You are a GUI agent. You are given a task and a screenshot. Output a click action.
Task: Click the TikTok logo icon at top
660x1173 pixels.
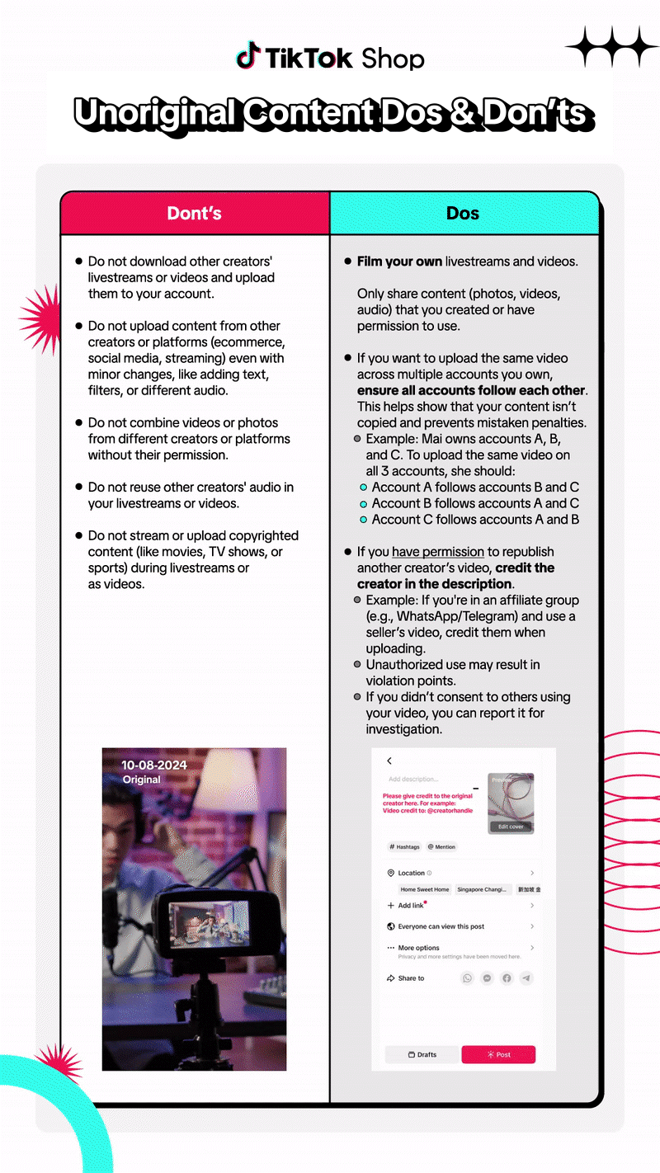pyautogui.click(x=247, y=56)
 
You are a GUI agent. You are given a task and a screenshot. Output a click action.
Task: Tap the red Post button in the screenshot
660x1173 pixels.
pyautogui.click(x=498, y=1054)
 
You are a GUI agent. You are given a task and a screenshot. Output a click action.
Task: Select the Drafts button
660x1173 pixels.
pyautogui.click(x=422, y=1054)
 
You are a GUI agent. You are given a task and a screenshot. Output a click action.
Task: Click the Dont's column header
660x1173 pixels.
pyautogui.click(x=195, y=214)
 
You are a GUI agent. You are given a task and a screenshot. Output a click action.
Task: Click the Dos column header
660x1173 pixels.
pyautogui.click(x=463, y=214)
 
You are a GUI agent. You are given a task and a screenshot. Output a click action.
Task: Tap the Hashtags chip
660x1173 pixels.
pyautogui.click(x=404, y=846)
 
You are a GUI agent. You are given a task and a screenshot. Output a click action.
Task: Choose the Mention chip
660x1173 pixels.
pyautogui.click(x=441, y=846)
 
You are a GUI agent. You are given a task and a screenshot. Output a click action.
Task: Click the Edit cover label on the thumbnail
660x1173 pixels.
pyautogui.click(x=511, y=826)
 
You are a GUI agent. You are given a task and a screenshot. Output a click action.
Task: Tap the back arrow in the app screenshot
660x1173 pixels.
pyautogui.click(x=389, y=761)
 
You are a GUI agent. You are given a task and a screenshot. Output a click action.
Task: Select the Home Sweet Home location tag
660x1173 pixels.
pyautogui.click(x=425, y=889)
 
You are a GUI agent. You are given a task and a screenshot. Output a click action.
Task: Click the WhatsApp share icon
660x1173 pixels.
pyautogui.click(x=468, y=978)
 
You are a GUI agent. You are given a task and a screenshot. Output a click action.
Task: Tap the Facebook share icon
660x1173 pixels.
pyautogui.click(x=507, y=978)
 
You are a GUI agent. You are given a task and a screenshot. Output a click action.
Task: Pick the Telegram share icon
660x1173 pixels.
pyautogui.click(x=526, y=978)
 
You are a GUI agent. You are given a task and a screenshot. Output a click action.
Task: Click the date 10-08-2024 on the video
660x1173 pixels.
pyautogui.click(x=154, y=766)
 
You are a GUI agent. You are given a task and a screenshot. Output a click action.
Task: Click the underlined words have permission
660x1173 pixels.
pyautogui.click(x=438, y=552)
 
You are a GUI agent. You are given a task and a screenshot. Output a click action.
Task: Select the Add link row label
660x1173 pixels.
pyautogui.click(x=410, y=906)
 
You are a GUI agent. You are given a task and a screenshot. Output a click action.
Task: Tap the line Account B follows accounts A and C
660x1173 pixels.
pyautogui.click(x=475, y=503)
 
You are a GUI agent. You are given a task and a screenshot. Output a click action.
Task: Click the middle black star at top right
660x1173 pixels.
pyautogui.click(x=612, y=46)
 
